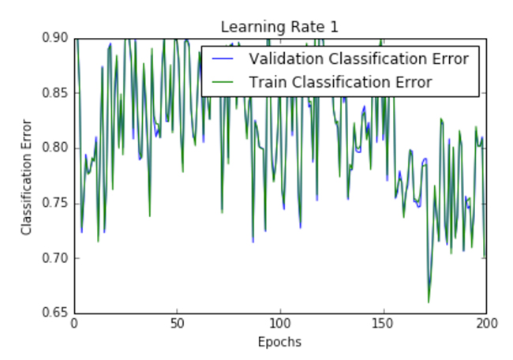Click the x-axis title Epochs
[x=279, y=342]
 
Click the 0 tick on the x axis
[x=74, y=324]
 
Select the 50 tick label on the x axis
[x=177, y=324]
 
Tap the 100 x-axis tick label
[x=280, y=324]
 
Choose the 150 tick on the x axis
[x=384, y=324]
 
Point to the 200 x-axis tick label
[x=486, y=324]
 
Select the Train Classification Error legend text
[x=341, y=81]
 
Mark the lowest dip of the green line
[x=429, y=302]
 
